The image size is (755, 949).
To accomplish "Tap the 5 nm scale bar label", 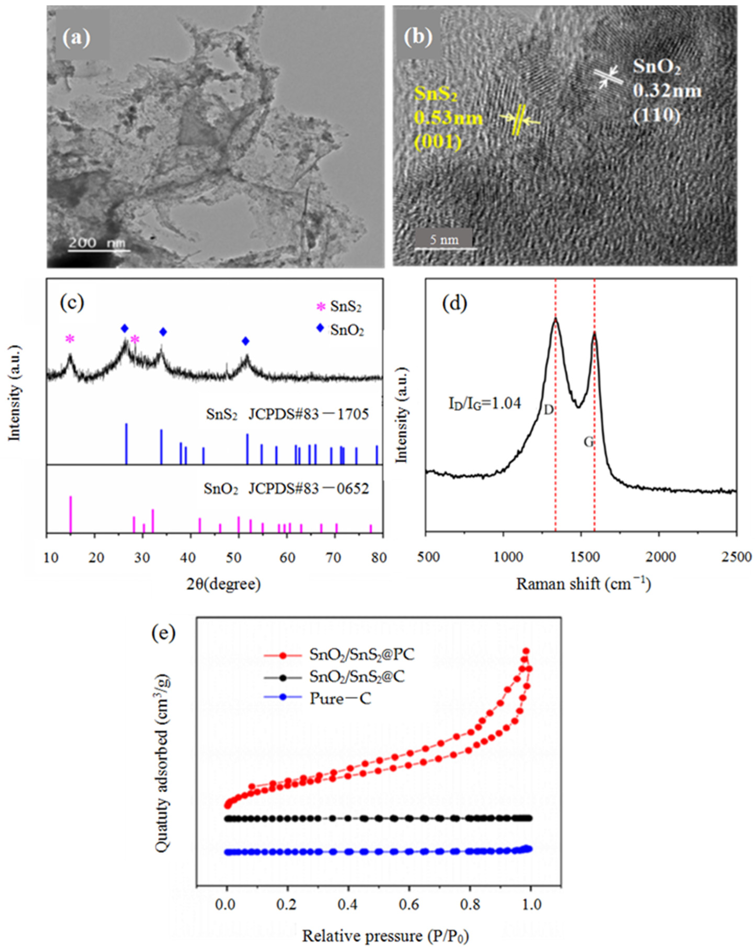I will (444, 240).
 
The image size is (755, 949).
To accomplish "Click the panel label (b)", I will (417, 37).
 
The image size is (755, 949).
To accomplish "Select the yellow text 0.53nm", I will (448, 119).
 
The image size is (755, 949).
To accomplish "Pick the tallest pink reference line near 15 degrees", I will (70, 514).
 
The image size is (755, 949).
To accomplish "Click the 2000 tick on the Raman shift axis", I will (658, 546).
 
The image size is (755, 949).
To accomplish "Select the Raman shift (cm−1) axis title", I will (583, 584).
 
